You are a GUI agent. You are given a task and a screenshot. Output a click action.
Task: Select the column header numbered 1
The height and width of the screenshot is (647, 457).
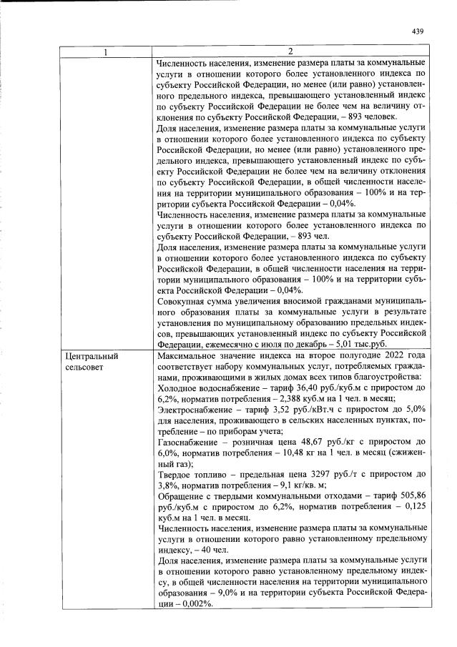click(x=107, y=51)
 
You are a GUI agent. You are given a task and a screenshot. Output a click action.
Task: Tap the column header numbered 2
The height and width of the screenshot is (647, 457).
click(x=291, y=51)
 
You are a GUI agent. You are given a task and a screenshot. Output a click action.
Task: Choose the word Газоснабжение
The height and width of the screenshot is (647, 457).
click(x=187, y=443)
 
